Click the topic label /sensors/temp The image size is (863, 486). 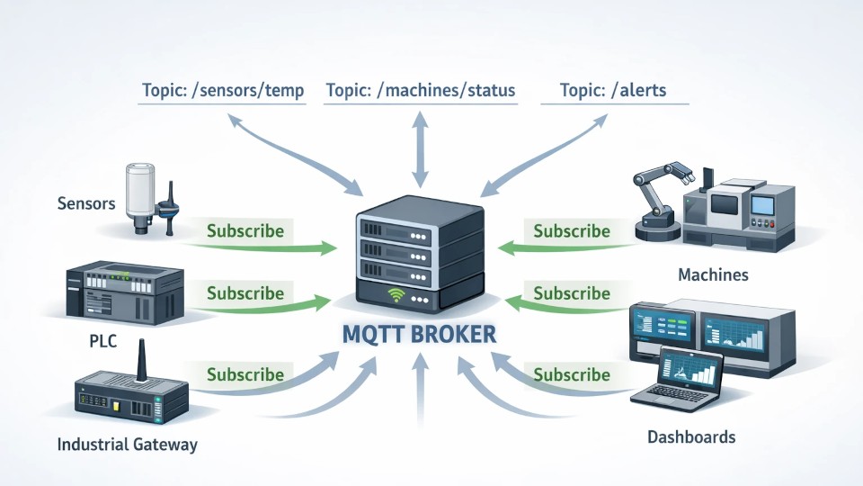coord(223,91)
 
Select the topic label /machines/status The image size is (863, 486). coord(421,91)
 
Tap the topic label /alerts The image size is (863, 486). coord(612,91)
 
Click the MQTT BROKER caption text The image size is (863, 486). coord(420,335)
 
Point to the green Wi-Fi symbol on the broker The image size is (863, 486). coord(395,293)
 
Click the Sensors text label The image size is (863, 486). coord(86,203)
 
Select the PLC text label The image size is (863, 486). coord(104,342)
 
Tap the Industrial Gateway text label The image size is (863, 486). coord(127,445)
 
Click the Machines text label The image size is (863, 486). coord(713,274)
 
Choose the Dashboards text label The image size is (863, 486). coord(691,437)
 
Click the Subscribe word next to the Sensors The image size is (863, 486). coord(245,231)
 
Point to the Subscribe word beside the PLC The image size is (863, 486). coord(245,293)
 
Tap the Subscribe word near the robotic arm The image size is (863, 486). coord(572,231)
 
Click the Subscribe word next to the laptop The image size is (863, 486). coord(572,375)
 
